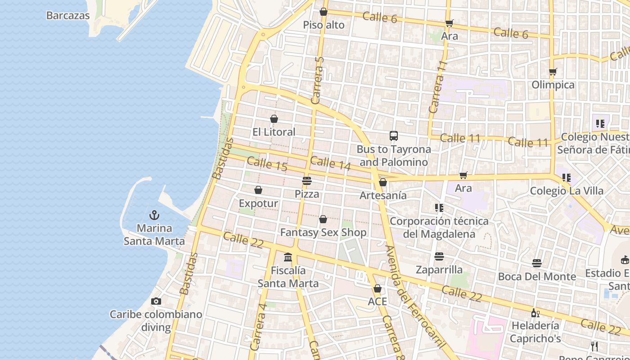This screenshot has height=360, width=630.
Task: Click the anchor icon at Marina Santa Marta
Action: (x=154, y=215)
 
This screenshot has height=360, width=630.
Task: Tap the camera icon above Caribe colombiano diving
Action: (x=156, y=301)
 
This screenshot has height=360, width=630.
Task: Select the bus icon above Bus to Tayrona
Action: (x=394, y=136)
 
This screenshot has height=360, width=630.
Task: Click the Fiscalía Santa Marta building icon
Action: (x=288, y=257)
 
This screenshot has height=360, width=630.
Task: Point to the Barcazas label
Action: (x=68, y=16)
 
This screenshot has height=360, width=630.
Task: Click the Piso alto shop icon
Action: (x=323, y=12)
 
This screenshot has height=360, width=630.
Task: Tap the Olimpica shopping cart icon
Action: (x=553, y=72)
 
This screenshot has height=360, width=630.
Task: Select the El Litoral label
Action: (x=274, y=132)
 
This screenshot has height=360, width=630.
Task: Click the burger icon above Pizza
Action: (x=307, y=181)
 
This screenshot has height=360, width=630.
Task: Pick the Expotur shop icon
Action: (x=258, y=190)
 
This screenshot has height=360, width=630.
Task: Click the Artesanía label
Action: (x=383, y=195)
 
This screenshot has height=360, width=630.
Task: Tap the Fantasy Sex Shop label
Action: (x=323, y=233)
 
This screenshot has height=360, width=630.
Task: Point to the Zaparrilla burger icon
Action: (x=439, y=256)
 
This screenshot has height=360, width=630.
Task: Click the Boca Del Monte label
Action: (x=537, y=276)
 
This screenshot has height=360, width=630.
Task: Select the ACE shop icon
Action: (x=378, y=288)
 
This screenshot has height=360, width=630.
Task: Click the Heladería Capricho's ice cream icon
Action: (x=535, y=313)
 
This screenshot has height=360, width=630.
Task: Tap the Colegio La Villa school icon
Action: (x=567, y=178)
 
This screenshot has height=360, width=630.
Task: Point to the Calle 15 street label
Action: (x=267, y=164)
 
